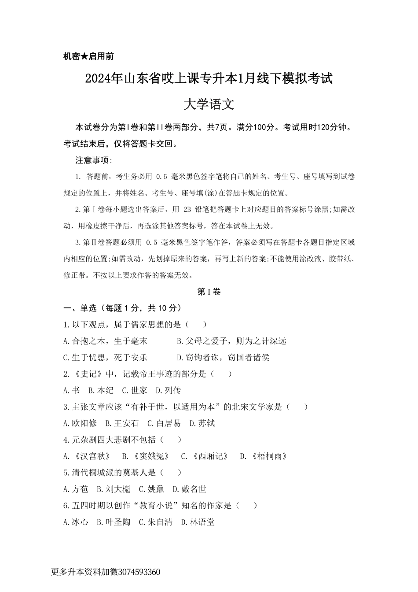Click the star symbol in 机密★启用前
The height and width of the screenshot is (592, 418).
coord(84,56)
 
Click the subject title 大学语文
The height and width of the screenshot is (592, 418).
coord(209,104)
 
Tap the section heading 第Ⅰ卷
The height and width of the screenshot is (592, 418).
coord(209,292)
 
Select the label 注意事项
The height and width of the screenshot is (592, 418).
coord(93,160)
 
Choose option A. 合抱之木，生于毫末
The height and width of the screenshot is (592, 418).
coord(105,341)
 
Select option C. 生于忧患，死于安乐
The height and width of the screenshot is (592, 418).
coord(105,358)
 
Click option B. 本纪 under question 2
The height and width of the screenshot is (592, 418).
coord(101,390)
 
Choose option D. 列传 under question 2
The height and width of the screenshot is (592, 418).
coord(168,390)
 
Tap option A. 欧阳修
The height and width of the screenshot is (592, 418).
coord(80,423)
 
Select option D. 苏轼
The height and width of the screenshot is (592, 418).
coord(202,423)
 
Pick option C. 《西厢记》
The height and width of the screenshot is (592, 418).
coord(205,456)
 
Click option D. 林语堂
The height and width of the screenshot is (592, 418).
coord(198,522)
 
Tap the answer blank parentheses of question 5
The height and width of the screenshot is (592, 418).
coord(171,473)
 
